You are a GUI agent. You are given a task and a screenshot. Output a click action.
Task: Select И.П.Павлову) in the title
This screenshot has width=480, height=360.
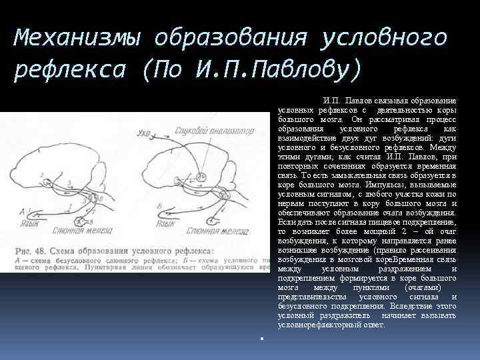click(x=280, y=68)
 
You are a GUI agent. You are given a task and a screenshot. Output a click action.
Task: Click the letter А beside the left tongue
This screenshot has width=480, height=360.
click(x=23, y=211)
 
